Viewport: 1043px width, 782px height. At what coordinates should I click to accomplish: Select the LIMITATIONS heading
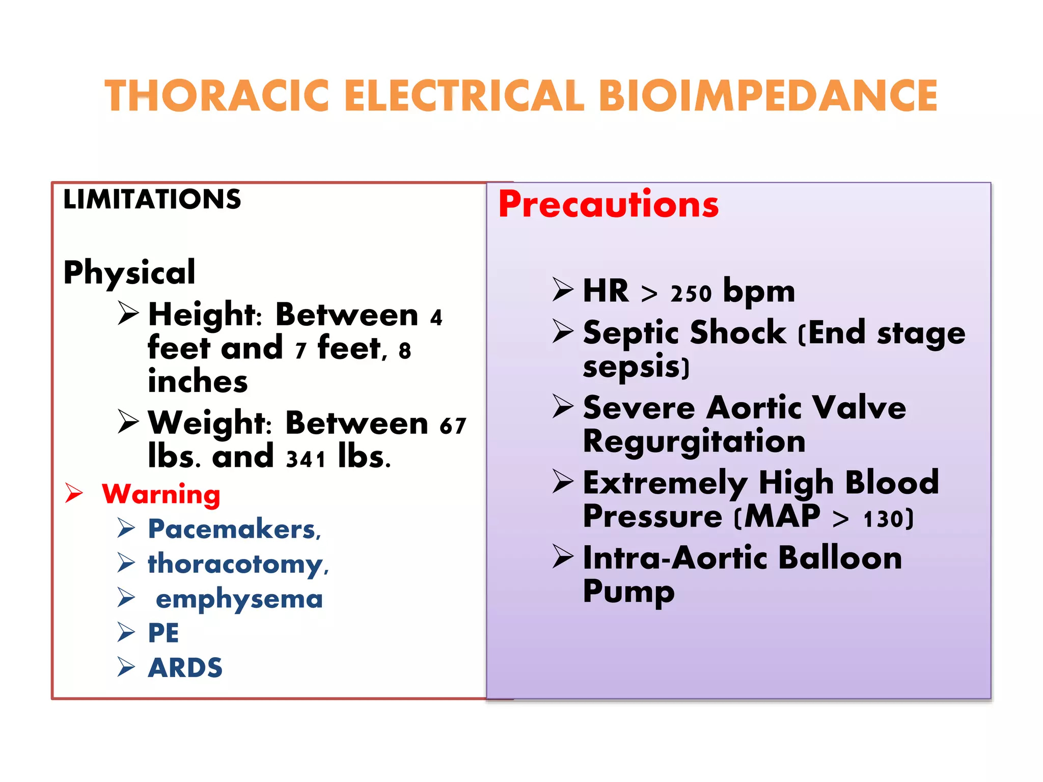tap(152, 199)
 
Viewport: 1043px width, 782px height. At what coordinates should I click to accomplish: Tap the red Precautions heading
tap(608, 205)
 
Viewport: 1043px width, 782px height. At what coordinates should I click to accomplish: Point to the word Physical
tap(129, 272)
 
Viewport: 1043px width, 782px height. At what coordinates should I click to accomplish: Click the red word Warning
tap(161, 494)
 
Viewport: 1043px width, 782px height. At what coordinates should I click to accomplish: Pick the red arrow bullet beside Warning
tap(74, 493)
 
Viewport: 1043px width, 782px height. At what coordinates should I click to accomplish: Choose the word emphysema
tap(239, 599)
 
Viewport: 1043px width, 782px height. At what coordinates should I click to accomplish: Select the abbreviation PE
tap(163, 633)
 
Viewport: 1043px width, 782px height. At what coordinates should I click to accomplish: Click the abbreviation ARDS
tap(185, 668)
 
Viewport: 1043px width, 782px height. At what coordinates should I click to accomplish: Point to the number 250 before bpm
tap(691, 294)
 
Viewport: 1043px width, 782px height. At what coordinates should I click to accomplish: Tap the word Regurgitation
tap(694, 441)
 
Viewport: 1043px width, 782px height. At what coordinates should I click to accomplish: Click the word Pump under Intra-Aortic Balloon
tap(628, 592)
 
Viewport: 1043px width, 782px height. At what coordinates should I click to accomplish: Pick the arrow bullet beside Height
tap(128, 313)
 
